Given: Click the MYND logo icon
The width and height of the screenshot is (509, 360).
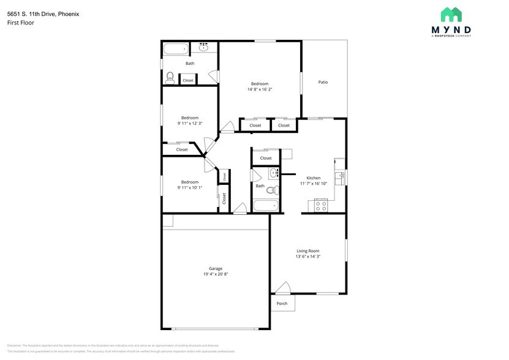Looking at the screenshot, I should pos(451,15).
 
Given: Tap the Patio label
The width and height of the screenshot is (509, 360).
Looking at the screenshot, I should pos(322,82).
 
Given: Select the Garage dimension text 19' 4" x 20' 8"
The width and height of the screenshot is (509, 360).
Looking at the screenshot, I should pos(216,274).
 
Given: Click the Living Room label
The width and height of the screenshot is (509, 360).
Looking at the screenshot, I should pos(307,250).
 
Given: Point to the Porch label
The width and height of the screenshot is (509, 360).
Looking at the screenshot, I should pos(282,304).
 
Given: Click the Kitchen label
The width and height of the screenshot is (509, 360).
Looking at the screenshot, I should pos(314,178).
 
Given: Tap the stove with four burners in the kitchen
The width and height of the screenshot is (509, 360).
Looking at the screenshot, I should pos(321,206).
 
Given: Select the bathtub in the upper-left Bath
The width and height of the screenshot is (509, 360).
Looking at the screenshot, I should pos(175,48).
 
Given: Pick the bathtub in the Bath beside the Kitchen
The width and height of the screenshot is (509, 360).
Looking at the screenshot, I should pos(266,206).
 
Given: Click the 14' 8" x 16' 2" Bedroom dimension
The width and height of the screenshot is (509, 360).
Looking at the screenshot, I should pos(259,89).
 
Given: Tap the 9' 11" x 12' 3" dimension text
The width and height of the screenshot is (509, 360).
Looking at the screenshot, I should pos(189,123).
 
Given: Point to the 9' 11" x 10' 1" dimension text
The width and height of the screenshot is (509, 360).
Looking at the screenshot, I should pos(189,187).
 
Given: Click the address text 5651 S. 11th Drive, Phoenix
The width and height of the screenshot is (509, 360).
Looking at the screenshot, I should pos(42,13).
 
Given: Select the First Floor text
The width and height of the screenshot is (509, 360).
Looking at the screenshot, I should pos(21,23).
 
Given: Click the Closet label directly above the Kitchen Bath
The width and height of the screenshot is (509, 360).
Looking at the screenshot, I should pos(265,158).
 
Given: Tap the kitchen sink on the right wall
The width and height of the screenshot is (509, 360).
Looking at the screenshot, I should pos(341,178).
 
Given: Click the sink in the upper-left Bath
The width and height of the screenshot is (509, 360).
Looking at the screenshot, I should pos(204,47).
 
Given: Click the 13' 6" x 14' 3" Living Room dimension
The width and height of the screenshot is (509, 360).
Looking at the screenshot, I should pos(307,257).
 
